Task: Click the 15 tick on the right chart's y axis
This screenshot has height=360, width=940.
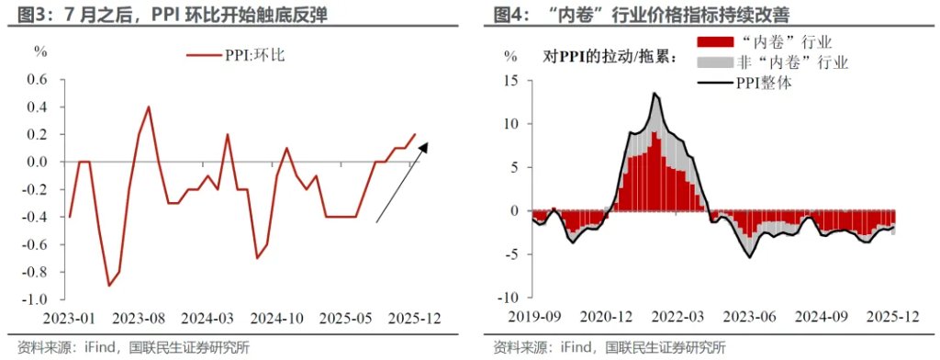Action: point(514,81)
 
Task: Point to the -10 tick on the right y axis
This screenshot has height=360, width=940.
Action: point(510,298)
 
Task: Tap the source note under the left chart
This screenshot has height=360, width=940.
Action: point(127,347)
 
